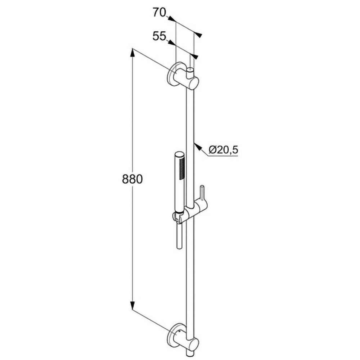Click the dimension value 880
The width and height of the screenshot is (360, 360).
(132, 179)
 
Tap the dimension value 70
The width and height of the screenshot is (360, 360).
(159, 12)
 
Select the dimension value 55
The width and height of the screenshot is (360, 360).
(159, 36)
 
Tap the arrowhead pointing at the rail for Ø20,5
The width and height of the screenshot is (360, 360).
(198, 147)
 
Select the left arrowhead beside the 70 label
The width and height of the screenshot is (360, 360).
(171, 19)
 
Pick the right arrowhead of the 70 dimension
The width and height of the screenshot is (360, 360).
(198, 34)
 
